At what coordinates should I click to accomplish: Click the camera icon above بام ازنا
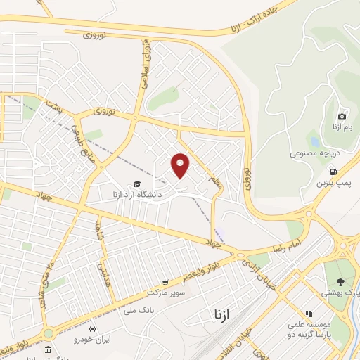(x=342, y=116)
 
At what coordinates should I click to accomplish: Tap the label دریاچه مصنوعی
(x=314, y=153)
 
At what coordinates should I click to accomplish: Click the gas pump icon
(x=333, y=171)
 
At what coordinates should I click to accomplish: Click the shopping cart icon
(x=165, y=282)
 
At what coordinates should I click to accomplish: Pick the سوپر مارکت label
(x=165, y=292)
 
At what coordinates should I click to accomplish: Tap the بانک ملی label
(x=117, y=309)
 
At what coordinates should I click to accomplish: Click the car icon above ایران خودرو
(x=93, y=328)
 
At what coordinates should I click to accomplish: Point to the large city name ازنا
(x=214, y=314)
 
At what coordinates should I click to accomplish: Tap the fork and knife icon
(x=307, y=314)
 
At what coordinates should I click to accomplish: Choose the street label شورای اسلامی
(x=145, y=67)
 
